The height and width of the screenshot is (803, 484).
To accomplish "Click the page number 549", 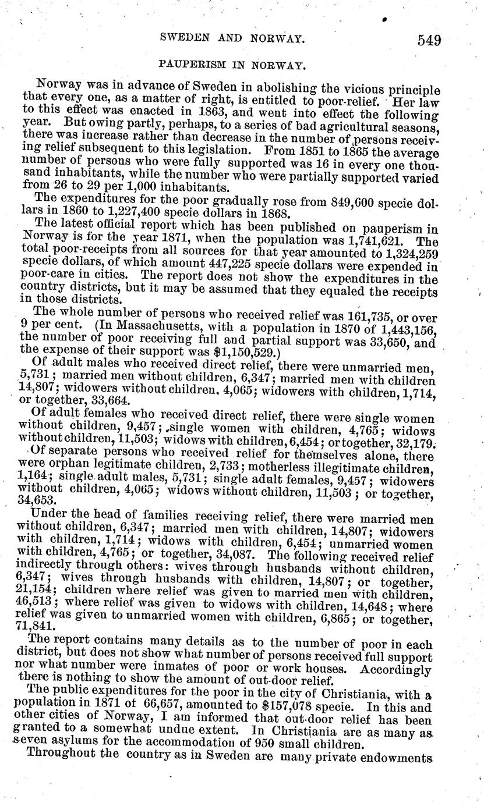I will (429, 40).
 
